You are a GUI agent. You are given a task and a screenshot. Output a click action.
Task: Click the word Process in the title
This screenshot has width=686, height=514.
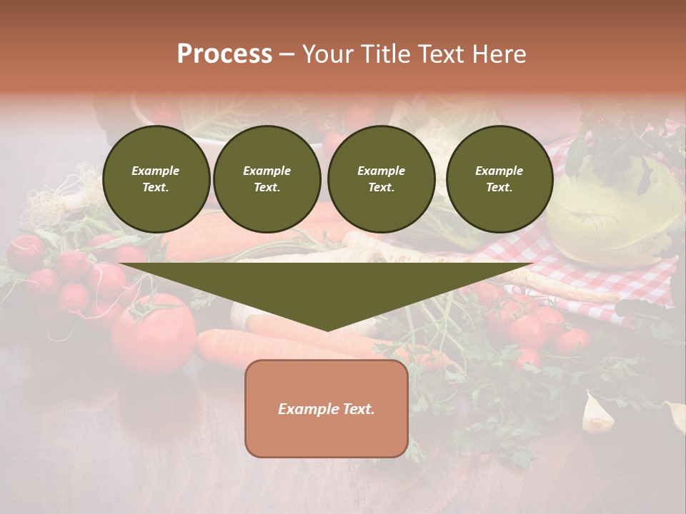[x=224, y=54]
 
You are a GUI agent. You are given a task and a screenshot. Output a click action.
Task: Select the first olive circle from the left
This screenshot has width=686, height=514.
[x=156, y=179]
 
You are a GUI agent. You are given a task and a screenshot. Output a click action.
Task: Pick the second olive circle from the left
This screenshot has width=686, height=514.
[x=267, y=179]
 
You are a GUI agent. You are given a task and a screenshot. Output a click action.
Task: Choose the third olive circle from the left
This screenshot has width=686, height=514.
[x=382, y=179]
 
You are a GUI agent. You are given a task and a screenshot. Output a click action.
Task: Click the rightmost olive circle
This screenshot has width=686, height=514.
[x=499, y=179]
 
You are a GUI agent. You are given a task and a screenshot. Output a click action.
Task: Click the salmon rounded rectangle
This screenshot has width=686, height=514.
[x=327, y=408]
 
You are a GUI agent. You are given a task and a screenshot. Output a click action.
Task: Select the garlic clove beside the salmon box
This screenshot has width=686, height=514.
[x=597, y=415]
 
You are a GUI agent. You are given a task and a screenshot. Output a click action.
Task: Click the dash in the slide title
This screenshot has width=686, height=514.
[x=287, y=54]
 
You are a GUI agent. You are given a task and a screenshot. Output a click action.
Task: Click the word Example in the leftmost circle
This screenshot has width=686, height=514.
[x=156, y=171]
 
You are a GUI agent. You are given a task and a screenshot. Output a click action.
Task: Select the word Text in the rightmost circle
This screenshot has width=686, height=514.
[x=499, y=188]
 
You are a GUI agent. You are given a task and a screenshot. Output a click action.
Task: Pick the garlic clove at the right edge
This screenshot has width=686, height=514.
[x=675, y=416]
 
